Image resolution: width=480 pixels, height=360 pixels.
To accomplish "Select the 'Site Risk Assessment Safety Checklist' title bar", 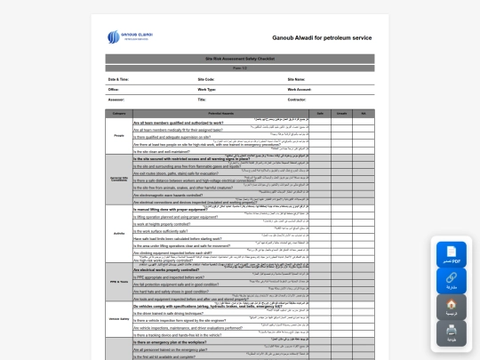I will tap(239, 58).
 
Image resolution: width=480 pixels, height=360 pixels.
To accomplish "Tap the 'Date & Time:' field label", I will tap(119, 79).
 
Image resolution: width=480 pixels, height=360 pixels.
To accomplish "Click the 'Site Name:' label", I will tap(299, 79).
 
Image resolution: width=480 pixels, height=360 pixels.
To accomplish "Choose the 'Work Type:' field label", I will tap(206, 90).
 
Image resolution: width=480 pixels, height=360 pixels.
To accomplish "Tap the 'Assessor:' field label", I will tap(116, 100).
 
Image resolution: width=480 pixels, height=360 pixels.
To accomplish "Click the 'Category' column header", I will tap(118, 114).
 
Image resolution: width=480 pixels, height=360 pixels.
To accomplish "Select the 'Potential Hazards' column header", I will tap(220, 114).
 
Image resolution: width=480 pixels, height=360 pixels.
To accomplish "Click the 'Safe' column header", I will tap(319, 114).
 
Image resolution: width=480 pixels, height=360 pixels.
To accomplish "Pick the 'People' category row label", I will tap(118, 135).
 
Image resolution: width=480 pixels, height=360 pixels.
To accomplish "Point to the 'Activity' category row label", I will tap(118, 234).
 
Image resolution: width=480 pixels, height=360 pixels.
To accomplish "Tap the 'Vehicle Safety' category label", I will tap(118, 318).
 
